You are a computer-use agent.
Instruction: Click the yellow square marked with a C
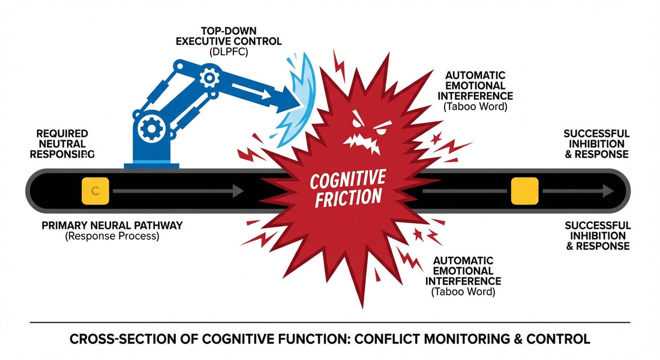[x=94, y=191]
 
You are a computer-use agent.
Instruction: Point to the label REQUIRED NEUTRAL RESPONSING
[x=62, y=143]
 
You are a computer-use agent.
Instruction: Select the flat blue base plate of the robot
[x=151, y=164]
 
